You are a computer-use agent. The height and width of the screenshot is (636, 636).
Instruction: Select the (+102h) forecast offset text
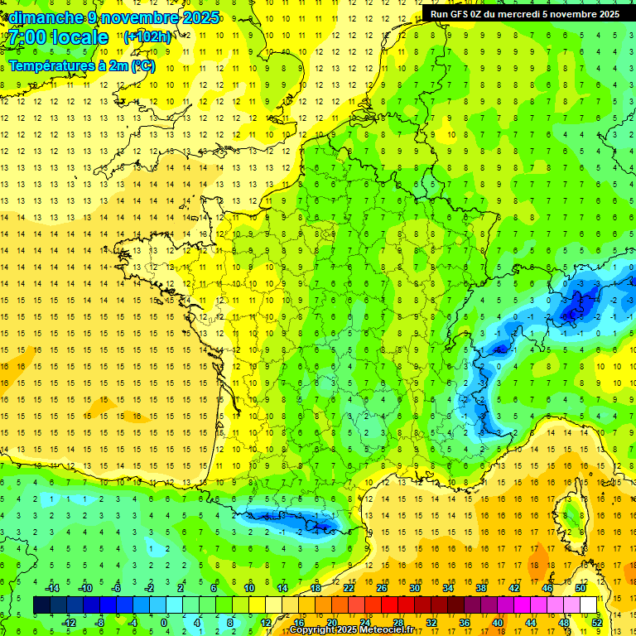coord(147,37)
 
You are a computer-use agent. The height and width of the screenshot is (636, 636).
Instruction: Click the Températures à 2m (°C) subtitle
coord(82,66)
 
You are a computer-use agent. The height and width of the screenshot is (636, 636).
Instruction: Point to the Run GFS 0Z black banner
coord(525,14)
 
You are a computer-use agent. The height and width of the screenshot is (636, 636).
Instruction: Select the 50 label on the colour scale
coord(580,588)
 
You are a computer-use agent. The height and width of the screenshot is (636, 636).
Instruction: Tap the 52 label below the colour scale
coord(596,623)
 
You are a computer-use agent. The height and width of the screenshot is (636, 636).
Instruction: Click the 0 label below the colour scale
coord(164,623)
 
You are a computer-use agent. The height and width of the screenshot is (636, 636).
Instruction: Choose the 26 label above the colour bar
coord(381,588)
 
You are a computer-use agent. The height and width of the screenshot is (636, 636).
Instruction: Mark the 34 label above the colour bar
coord(447,588)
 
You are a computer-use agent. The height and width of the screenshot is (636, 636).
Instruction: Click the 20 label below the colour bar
coord(331,623)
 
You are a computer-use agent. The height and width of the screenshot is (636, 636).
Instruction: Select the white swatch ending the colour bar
coord(588,605)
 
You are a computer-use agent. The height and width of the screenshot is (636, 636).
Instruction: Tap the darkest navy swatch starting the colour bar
coord(41,605)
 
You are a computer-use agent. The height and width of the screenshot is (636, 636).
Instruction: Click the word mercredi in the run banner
coord(516,14)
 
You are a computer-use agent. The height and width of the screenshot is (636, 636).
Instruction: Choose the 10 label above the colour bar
coord(248,588)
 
